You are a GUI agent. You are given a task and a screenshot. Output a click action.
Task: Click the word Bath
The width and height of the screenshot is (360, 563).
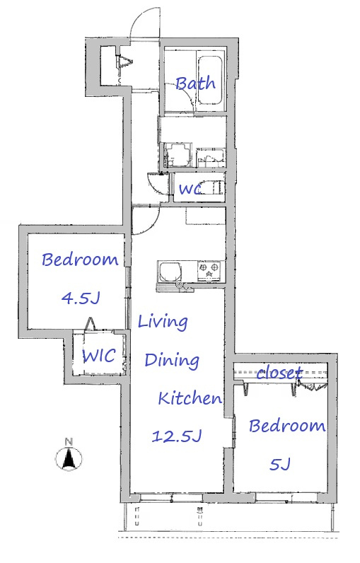(x=196, y=83)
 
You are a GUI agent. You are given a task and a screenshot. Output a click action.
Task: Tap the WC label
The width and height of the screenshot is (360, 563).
(x=190, y=189)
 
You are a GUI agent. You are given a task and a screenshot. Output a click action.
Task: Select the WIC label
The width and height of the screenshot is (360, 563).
(x=99, y=356)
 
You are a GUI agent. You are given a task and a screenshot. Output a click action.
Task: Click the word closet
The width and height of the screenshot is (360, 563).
(x=279, y=373)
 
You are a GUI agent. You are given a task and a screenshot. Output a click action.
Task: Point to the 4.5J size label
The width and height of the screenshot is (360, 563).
(x=81, y=297)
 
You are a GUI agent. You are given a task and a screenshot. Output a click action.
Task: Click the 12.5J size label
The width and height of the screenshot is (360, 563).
(x=176, y=436)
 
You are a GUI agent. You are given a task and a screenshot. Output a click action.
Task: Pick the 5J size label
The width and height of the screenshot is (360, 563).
(x=279, y=464)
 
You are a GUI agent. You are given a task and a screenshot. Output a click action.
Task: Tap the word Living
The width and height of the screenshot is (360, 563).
(x=163, y=322)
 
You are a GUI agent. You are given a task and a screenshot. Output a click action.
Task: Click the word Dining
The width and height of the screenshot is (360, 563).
(x=172, y=360)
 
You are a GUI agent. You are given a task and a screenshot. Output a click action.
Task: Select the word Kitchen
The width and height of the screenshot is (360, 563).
(x=190, y=397)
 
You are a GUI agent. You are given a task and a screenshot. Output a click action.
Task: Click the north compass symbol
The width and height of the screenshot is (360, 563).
(x=69, y=458)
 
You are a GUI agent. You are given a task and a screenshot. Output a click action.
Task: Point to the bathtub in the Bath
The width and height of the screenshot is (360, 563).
(x=210, y=80)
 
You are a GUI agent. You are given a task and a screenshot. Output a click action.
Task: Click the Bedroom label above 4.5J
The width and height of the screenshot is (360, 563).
(x=80, y=260)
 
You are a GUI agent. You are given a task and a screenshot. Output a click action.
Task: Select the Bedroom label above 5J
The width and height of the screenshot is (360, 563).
(x=287, y=426)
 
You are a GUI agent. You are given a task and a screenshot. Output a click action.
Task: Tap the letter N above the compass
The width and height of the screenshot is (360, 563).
(x=69, y=442)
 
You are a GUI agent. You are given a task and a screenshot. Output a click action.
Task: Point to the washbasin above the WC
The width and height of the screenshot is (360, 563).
(x=176, y=154)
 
